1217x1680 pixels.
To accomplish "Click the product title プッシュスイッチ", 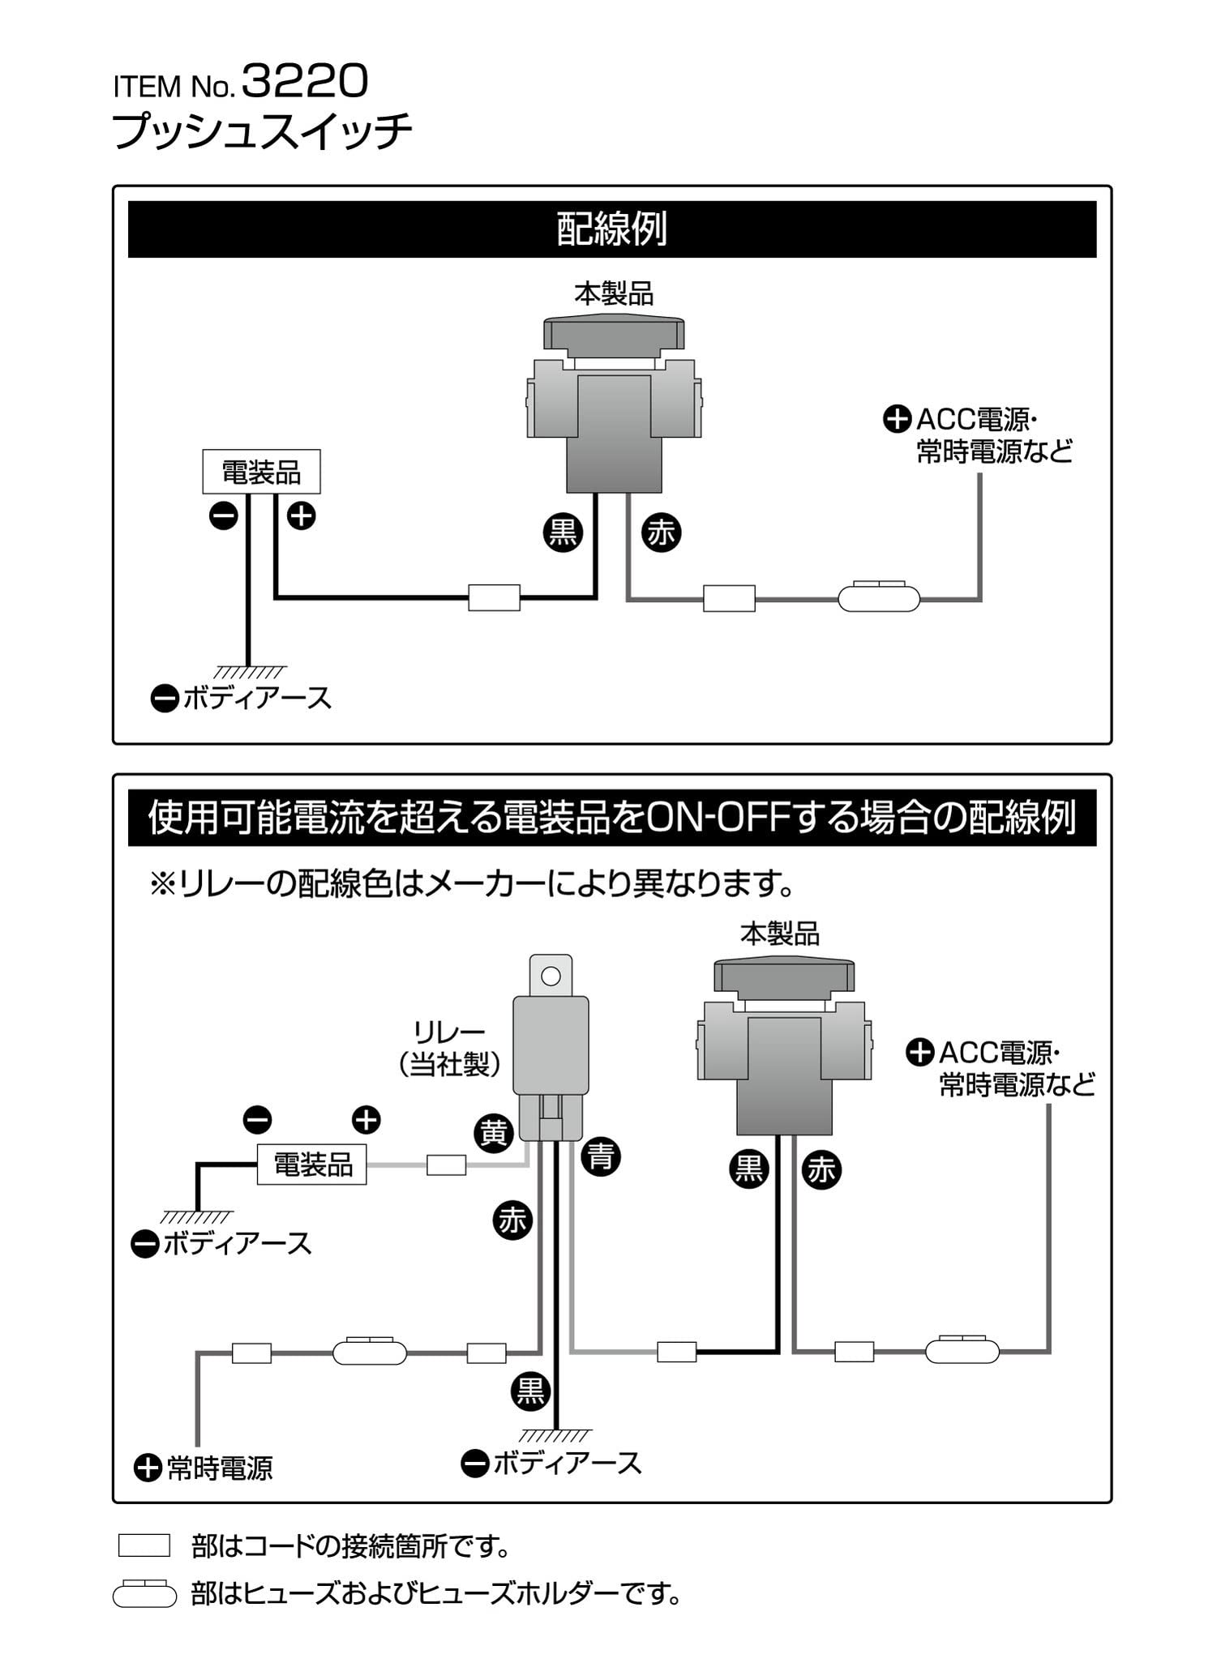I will tap(261, 131).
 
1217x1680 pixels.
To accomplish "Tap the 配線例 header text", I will tap(611, 229).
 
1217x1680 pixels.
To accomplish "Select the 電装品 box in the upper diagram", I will tap(261, 472).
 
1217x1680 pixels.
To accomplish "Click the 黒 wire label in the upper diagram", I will tap(563, 532).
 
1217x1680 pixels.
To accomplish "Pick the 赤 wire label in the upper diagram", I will tap(661, 532).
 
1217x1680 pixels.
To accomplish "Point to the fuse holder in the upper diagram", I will tap(879, 599).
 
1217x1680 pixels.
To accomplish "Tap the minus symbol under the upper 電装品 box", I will tap(223, 515).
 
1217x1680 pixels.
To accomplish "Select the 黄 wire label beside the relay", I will tap(494, 1132).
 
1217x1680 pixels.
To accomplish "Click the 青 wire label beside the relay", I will tap(601, 1156).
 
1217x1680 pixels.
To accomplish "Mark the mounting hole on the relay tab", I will tap(551, 976).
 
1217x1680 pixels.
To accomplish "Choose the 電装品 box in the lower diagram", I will tap(312, 1165).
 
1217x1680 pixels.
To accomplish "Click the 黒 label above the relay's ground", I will tap(531, 1391).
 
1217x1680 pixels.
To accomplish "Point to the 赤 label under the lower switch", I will tap(822, 1169).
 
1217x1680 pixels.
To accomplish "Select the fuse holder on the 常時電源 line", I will tap(370, 1353).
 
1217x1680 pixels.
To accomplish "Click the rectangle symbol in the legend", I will tap(144, 1545).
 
